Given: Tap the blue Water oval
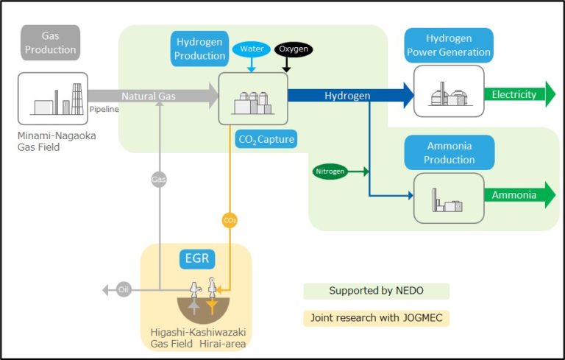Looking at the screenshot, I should [x=252, y=49].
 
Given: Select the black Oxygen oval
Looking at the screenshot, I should [x=294, y=49].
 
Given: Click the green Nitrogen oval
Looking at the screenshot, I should [x=330, y=172].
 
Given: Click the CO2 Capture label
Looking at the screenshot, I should [x=266, y=138].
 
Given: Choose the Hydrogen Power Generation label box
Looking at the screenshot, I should [x=448, y=46].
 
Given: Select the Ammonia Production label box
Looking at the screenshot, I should [x=449, y=152].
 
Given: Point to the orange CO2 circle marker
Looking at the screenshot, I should [x=230, y=219].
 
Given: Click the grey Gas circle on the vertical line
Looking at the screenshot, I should [x=159, y=179].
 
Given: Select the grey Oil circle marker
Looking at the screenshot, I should [x=124, y=290].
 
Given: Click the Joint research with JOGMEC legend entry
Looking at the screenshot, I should [x=376, y=318].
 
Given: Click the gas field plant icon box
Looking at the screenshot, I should [x=53, y=99].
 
